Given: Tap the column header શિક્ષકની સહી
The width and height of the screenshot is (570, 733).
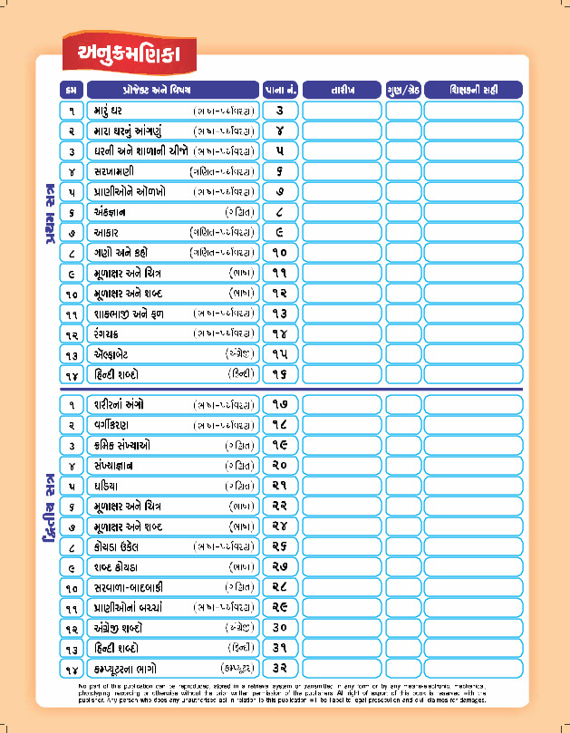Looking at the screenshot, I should coord(473,90).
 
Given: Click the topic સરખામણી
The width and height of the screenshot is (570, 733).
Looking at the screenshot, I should coord(114,171).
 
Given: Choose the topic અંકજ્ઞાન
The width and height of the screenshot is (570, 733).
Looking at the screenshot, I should coord(110,212).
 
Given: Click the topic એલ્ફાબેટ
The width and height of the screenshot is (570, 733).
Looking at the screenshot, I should coord(114,353).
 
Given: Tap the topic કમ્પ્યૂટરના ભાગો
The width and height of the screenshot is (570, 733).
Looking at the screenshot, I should coord(130,668).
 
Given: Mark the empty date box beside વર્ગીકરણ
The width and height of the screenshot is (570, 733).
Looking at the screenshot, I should coord(342,424).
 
